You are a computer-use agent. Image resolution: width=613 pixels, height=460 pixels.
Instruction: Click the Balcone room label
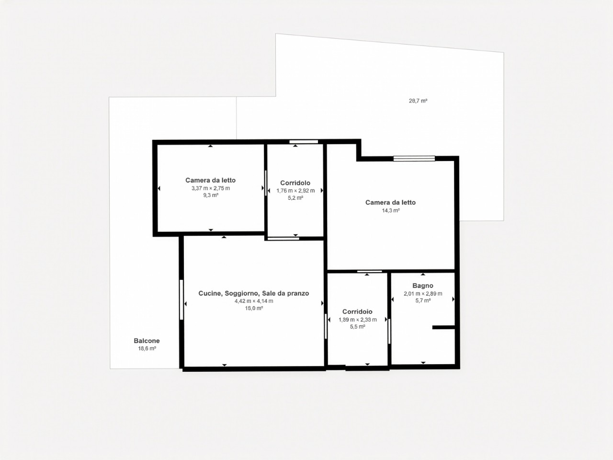click(147, 341)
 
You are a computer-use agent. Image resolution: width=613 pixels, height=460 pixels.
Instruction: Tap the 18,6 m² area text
click(147, 348)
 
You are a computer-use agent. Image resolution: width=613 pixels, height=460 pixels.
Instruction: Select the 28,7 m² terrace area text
click(418, 101)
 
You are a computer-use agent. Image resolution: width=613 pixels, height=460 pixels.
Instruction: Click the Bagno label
click(423, 286)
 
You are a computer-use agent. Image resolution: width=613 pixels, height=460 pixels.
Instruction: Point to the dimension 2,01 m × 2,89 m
click(423, 294)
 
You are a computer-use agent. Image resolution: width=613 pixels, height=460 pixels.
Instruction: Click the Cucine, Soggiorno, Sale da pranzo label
click(253, 293)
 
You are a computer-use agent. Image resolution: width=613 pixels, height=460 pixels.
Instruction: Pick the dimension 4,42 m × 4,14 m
click(253, 301)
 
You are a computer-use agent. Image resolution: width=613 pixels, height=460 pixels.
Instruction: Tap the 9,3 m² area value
click(211, 195)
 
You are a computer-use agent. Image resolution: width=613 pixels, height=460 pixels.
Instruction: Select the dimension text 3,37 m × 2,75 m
click(211, 188)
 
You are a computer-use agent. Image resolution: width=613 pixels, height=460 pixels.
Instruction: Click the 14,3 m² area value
click(391, 210)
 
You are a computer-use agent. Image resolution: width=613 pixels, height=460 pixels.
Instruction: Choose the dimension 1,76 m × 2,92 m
click(295, 191)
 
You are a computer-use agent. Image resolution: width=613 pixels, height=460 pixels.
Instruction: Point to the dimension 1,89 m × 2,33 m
click(357, 320)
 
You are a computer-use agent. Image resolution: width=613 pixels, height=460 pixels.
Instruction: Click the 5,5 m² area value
click(357, 327)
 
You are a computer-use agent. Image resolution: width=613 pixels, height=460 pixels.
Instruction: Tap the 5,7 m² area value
click(423, 300)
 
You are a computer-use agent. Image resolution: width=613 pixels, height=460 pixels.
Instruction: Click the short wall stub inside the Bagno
click(444, 327)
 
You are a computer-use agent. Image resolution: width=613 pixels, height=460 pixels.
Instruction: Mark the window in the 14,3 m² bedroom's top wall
click(414, 159)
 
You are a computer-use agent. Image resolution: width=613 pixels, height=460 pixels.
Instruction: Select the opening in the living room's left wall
click(181, 299)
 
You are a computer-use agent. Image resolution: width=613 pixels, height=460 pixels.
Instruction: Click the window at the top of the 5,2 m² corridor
click(304, 142)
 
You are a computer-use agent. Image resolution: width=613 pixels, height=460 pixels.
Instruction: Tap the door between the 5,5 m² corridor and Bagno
click(389, 332)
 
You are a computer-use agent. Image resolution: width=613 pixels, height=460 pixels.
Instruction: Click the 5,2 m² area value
click(295, 198)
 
